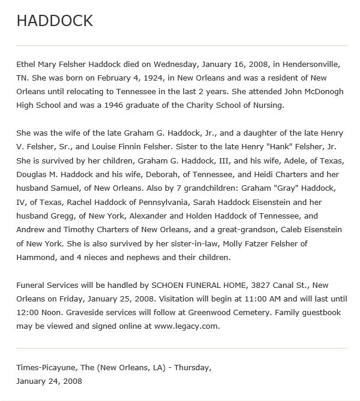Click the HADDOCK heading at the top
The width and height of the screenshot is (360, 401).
pyautogui.click(x=54, y=21)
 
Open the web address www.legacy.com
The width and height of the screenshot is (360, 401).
pyautogui.click(x=186, y=326)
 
